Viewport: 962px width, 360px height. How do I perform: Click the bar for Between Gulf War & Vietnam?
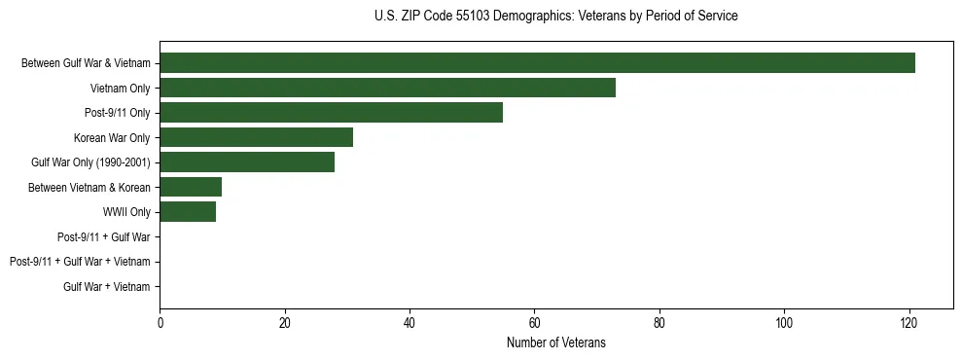point(537,63)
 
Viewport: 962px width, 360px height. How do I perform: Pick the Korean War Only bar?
point(256,137)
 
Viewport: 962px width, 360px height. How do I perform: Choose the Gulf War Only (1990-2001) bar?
point(247,162)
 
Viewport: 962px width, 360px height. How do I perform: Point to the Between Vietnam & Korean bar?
point(191,187)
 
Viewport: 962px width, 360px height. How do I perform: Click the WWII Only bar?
point(188,212)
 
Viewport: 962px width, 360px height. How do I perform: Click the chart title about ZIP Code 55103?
point(555,17)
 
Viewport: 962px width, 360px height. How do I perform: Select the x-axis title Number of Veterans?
point(555,342)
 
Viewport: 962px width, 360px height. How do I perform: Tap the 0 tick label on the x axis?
point(160,322)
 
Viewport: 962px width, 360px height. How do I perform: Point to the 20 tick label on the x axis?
point(285,322)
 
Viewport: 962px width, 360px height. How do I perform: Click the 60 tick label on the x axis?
point(534,322)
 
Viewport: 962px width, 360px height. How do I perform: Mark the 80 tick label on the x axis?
point(659,322)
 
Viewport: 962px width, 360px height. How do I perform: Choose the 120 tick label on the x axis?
point(909,322)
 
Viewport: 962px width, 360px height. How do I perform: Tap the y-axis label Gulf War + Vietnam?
point(106,286)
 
